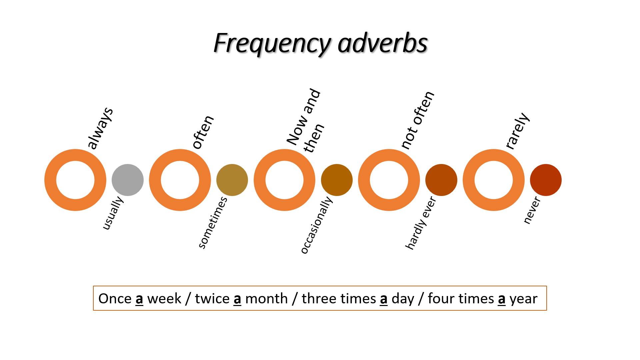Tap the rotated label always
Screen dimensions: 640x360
point(100,128)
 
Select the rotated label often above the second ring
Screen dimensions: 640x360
point(203,132)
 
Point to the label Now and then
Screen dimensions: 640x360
point(305,121)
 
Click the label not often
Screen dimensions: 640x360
point(417,120)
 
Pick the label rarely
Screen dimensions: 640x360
point(517,131)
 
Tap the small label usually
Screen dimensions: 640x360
point(113,213)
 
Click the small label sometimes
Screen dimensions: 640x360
point(213,223)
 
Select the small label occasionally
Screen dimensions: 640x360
point(316,225)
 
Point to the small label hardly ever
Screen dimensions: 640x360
point(420,223)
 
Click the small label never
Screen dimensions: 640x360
point(532,210)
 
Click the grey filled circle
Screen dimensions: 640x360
point(128,180)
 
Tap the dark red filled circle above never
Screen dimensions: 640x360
point(546,180)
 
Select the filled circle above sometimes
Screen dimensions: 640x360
point(232,180)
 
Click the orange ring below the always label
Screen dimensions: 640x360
point(50,180)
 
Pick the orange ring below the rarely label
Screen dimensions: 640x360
point(469,180)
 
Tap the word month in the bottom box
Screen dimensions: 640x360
point(266,298)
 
